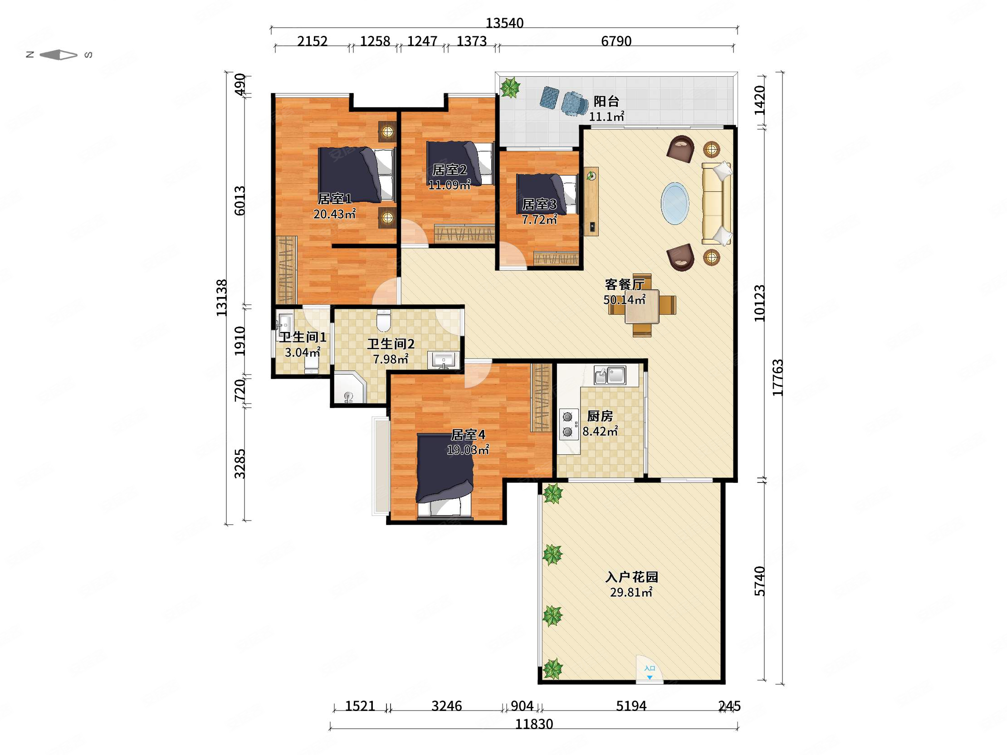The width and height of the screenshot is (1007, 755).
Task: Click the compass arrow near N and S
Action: [59, 55]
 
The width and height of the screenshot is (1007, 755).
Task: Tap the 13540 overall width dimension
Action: [504, 23]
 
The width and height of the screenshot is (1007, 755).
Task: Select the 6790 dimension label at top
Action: [616, 41]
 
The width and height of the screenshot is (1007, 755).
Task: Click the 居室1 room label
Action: [335, 199]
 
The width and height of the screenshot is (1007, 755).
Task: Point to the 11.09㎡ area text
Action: [450, 185]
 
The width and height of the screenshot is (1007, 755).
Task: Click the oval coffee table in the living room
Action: [675, 204]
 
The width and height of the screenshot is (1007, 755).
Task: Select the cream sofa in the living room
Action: [717, 203]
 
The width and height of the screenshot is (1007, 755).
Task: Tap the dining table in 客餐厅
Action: [642, 306]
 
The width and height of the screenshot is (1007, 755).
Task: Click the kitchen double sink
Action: [610, 375]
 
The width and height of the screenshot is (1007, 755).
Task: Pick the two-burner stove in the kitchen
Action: [568, 424]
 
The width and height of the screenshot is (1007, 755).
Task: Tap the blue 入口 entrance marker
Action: [650, 672]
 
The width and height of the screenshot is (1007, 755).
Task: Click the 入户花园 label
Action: [631, 577]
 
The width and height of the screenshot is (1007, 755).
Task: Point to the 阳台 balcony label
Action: [606, 101]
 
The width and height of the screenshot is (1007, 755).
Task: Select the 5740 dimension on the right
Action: [759, 581]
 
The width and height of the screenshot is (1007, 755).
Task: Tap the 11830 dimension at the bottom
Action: [534, 724]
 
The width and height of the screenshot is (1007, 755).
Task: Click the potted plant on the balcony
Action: [510, 87]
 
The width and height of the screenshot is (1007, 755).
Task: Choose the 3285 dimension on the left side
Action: [240, 464]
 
